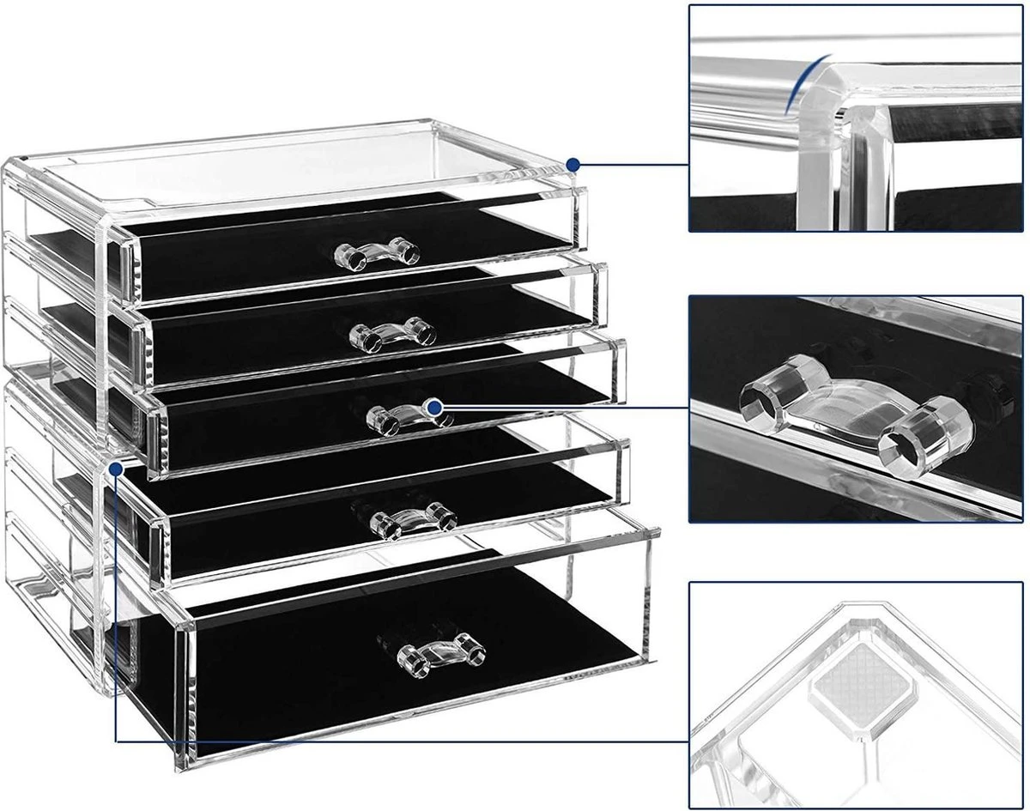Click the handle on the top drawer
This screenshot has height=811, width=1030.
tap(378, 252)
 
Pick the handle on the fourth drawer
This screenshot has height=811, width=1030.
tap(413, 519)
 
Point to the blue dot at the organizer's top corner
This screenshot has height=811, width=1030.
tap(573, 163)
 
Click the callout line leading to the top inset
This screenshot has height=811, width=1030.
tap(635, 163)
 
